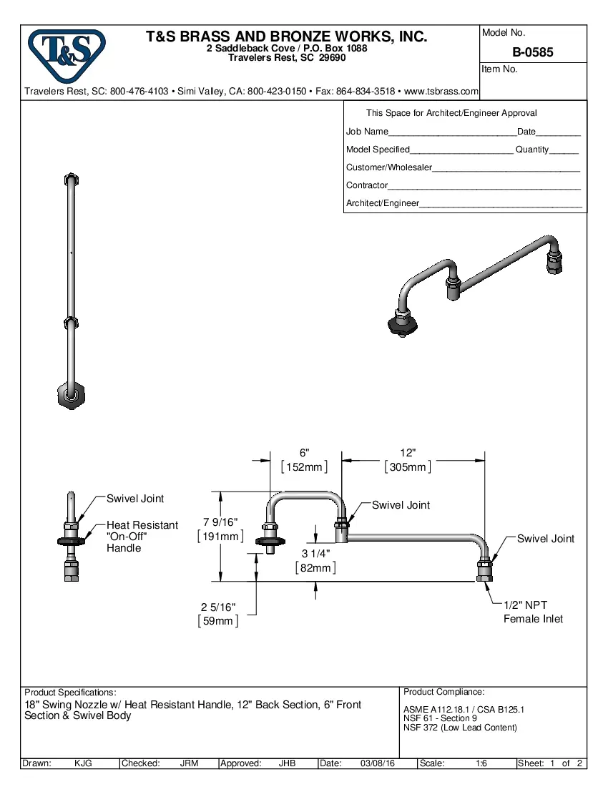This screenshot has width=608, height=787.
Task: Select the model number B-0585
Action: click(532, 52)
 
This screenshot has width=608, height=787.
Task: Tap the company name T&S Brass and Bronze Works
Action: click(286, 36)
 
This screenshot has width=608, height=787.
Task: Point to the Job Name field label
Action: click(367, 132)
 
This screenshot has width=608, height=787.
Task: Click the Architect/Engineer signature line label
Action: click(382, 203)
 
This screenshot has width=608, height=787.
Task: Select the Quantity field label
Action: click(532, 150)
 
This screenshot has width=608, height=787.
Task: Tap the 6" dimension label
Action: click(304, 453)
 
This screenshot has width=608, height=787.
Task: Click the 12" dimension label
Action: click(408, 453)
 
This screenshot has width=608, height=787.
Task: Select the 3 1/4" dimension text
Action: click(315, 554)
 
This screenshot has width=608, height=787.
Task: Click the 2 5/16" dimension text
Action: click(217, 607)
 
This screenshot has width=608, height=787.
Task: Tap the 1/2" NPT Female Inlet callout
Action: click(533, 612)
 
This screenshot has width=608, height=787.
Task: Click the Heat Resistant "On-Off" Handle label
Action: click(142, 536)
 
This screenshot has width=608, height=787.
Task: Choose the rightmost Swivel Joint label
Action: click(545, 538)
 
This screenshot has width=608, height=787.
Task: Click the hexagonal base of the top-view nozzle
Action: click(69, 395)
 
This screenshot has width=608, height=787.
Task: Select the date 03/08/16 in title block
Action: click(379, 763)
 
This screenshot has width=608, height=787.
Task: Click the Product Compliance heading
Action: click(443, 692)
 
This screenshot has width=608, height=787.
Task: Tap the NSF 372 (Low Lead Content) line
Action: click(460, 728)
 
